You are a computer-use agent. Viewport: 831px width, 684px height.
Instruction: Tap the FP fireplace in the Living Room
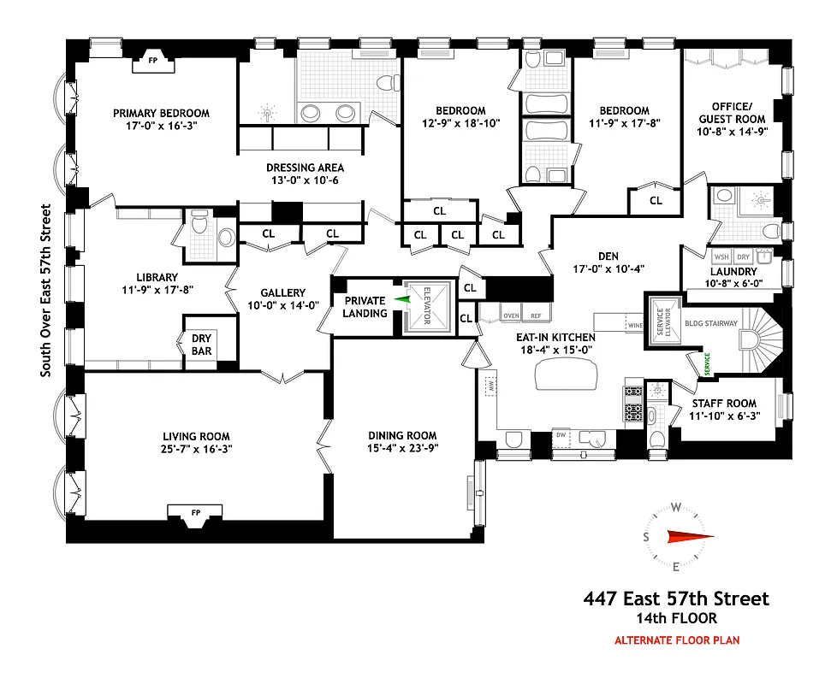coord(195,512)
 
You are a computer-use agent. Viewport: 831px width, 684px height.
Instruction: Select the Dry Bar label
coord(201,345)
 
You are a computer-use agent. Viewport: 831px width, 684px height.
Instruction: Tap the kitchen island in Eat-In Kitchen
coord(567,374)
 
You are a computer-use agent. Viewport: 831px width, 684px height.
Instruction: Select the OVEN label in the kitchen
coord(511,315)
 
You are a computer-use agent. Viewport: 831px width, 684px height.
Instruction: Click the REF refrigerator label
coord(536,315)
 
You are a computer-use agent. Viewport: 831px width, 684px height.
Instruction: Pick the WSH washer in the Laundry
coord(721,256)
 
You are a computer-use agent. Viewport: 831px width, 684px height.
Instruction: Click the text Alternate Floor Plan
coord(676,640)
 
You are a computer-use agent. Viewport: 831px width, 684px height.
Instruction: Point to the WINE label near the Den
coord(634,326)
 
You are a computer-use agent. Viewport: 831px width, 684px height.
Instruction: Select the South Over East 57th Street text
coord(46,290)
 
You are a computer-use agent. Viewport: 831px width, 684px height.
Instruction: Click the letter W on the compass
coord(676,507)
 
